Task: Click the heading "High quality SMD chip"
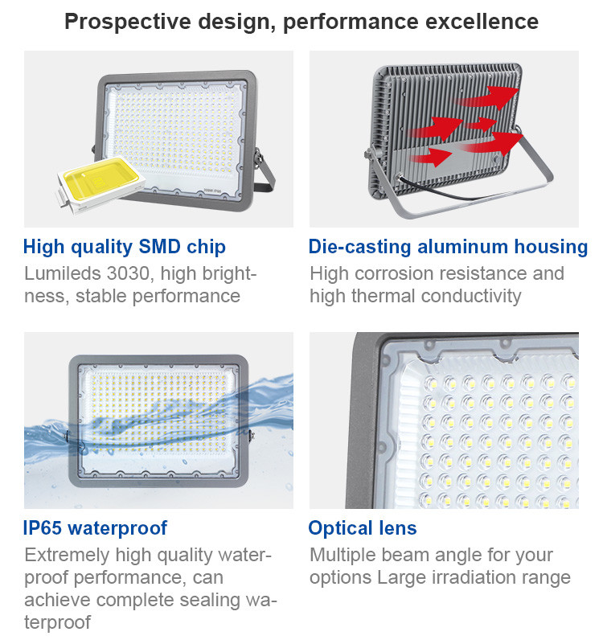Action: pos(125,248)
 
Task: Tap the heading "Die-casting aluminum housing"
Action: pos(449,248)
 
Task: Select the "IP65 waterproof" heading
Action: pos(95,528)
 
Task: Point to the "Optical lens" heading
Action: pos(363,528)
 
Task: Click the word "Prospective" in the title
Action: pos(128,22)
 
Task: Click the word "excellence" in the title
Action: pos(482,22)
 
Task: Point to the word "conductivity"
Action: pos(471,297)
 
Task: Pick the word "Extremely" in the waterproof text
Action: pos(67,556)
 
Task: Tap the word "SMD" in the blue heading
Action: pos(160,247)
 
